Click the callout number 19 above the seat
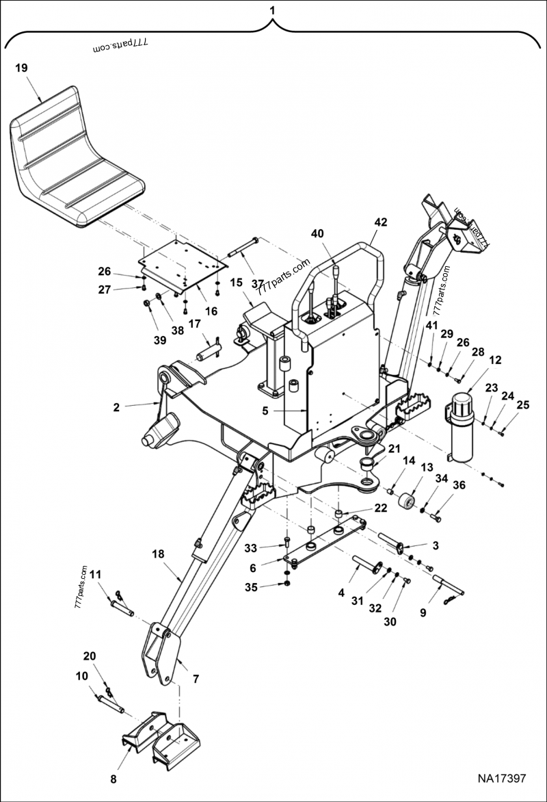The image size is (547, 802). [21, 68]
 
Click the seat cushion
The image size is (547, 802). [75, 157]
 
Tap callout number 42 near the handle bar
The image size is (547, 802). [381, 222]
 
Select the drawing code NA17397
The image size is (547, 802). [501, 779]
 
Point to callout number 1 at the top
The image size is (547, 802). [273, 10]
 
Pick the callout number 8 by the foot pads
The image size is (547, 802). [114, 779]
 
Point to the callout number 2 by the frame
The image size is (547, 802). [116, 407]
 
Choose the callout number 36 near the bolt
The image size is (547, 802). [459, 485]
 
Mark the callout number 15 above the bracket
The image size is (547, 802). [237, 282]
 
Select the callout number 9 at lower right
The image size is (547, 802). [423, 613]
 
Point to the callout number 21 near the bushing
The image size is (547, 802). [395, 448]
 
